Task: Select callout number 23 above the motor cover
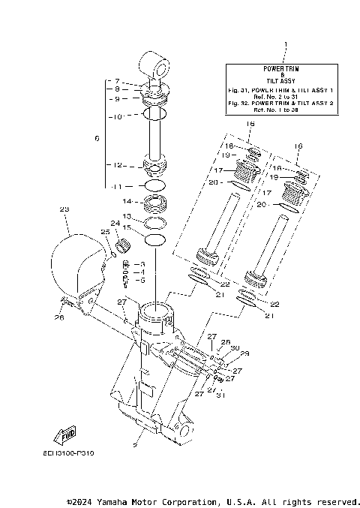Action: pos(64,209)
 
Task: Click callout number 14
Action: pos(127,202)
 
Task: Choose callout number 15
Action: pos(127,227)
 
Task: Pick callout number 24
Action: pos(115,223)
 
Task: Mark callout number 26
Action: pos(59,317)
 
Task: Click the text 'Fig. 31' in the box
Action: pos(239,89)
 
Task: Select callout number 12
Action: pos(117,165)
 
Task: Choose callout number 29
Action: pos(244,353)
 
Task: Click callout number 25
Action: pos(104,233)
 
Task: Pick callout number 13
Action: pos(127,216)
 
